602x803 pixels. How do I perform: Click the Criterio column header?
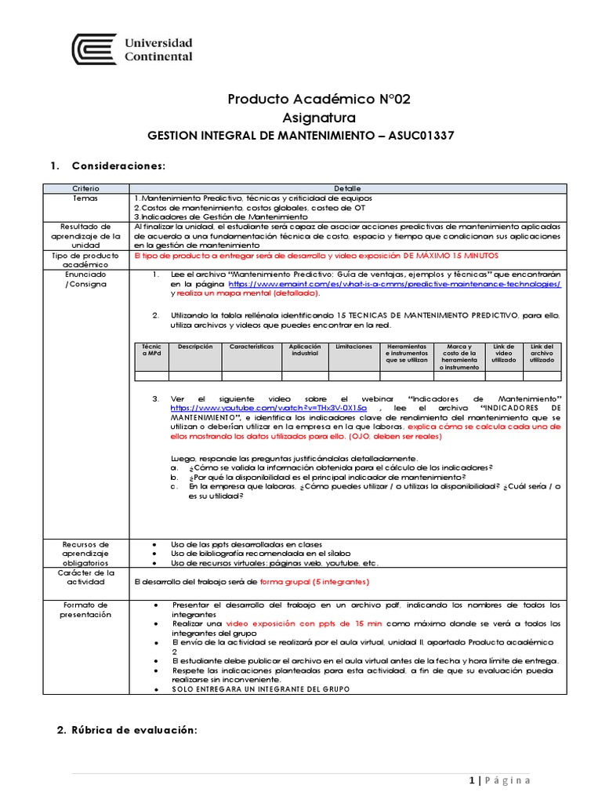tap(86, 189)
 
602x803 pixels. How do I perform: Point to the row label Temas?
tap(86, 198)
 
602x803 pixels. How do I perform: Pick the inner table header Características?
tap(251, 347)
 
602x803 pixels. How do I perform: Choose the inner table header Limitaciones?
tap(354, 347)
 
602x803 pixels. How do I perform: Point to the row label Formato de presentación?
tap(86, 609)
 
